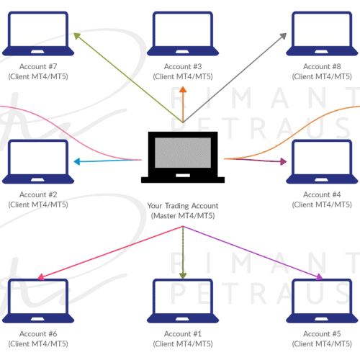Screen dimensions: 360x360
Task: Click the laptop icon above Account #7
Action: [x=38, y=34]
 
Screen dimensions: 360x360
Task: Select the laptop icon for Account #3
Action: [x=183, y=34]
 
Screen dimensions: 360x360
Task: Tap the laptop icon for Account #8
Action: [x=322, y=34]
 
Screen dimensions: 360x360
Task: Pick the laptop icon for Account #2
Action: [x=38, y=162]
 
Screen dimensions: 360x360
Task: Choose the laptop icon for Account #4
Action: [x=322, y=162]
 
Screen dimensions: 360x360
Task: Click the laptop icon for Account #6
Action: [x=38, y=301]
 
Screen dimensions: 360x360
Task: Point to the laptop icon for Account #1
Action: [x=183, y=301]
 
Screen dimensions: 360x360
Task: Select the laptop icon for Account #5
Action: [x=322, y=301]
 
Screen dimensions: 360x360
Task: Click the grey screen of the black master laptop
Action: [x=183, y=153]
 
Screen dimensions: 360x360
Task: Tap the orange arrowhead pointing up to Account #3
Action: [x=183, y=89]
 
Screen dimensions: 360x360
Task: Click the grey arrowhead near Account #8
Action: [x=284, y=36]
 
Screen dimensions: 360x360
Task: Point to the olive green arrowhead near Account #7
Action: [x=77, y=36]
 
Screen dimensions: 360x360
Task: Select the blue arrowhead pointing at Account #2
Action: [x=77, y=161]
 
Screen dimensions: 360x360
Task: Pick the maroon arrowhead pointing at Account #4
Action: [x=284, y=161]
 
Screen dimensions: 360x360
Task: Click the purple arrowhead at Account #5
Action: [x=320, y=277]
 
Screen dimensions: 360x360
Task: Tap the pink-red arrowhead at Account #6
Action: [x=41, y=277]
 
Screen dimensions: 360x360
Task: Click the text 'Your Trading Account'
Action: [x=183, y=206]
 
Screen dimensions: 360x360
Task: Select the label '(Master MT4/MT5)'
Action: [x=183, y=216]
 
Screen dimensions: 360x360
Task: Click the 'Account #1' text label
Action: [x=183, y=334]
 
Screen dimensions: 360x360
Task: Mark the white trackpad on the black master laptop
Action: [x=183, y=176]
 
